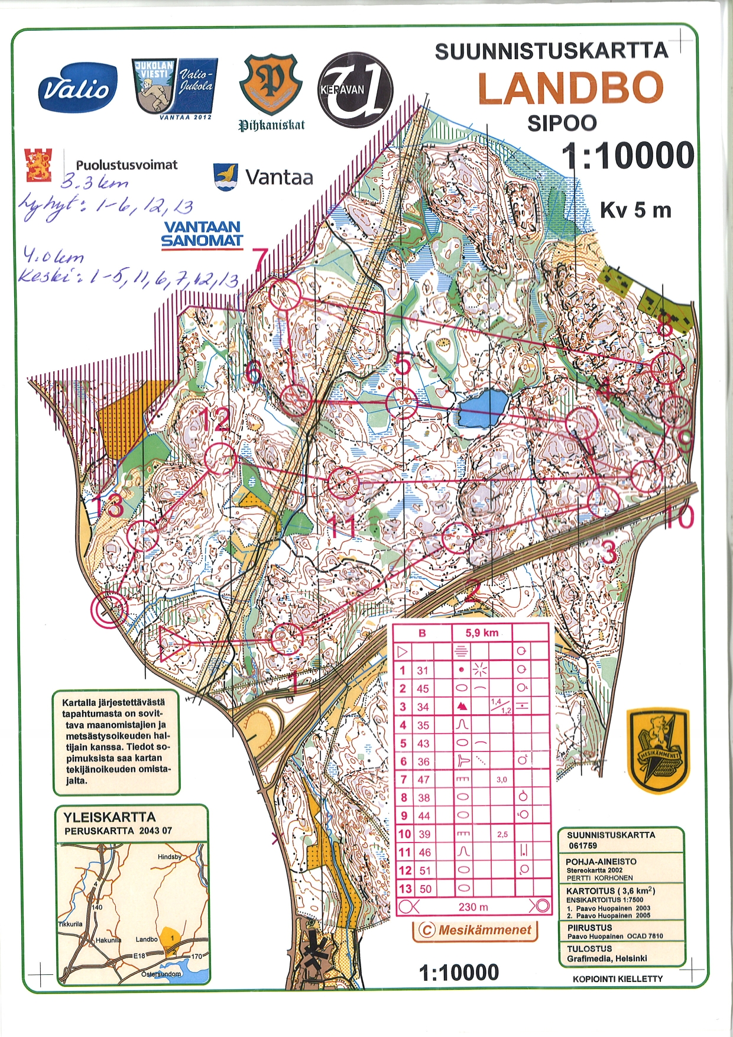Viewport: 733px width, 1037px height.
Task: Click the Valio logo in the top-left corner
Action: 77,89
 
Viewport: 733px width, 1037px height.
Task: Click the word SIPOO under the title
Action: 562,123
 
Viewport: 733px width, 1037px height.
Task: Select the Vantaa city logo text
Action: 278,177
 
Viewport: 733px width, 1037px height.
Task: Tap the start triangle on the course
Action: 172,643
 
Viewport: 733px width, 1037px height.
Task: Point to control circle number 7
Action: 286,294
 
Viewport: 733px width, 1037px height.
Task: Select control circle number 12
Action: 221,459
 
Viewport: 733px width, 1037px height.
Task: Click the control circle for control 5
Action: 402,403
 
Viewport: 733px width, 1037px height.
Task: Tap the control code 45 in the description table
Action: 423,689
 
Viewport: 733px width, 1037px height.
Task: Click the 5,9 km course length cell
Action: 482,633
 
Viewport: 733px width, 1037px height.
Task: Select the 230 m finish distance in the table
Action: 473,907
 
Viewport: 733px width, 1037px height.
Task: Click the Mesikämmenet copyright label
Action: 476,930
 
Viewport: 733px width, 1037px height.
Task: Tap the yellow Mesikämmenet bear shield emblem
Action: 658,751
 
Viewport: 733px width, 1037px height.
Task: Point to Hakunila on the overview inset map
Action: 108,940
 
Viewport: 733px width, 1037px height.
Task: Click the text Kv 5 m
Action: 635,210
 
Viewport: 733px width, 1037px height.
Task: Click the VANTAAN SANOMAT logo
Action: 202,234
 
